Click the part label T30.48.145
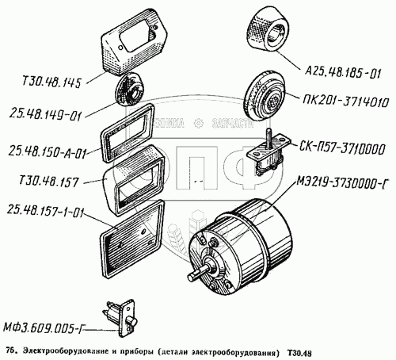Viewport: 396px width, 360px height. (x=51, y=82)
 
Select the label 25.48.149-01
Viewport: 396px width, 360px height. (x=45, y=115)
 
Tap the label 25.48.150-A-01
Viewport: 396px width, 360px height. (x=48, y=152)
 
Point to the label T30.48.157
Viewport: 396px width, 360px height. (x=48, y=182)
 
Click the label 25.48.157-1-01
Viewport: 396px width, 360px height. (x=44, y=211)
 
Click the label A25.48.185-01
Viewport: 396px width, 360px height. (x=343, y=73)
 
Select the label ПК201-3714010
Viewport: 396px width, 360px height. (x=346, y=101)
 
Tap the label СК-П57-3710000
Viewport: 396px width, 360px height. (x=341, y=149)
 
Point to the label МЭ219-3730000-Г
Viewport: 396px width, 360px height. (x=342, y=182)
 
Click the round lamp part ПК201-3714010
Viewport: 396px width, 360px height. (x=264, y=96)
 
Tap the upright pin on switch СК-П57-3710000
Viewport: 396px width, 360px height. (x=269, y=136)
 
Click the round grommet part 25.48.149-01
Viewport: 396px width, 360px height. (x=131, y=90)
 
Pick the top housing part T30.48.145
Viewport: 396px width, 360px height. (x=134, y=42)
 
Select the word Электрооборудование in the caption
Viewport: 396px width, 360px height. (x=66, y=352)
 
